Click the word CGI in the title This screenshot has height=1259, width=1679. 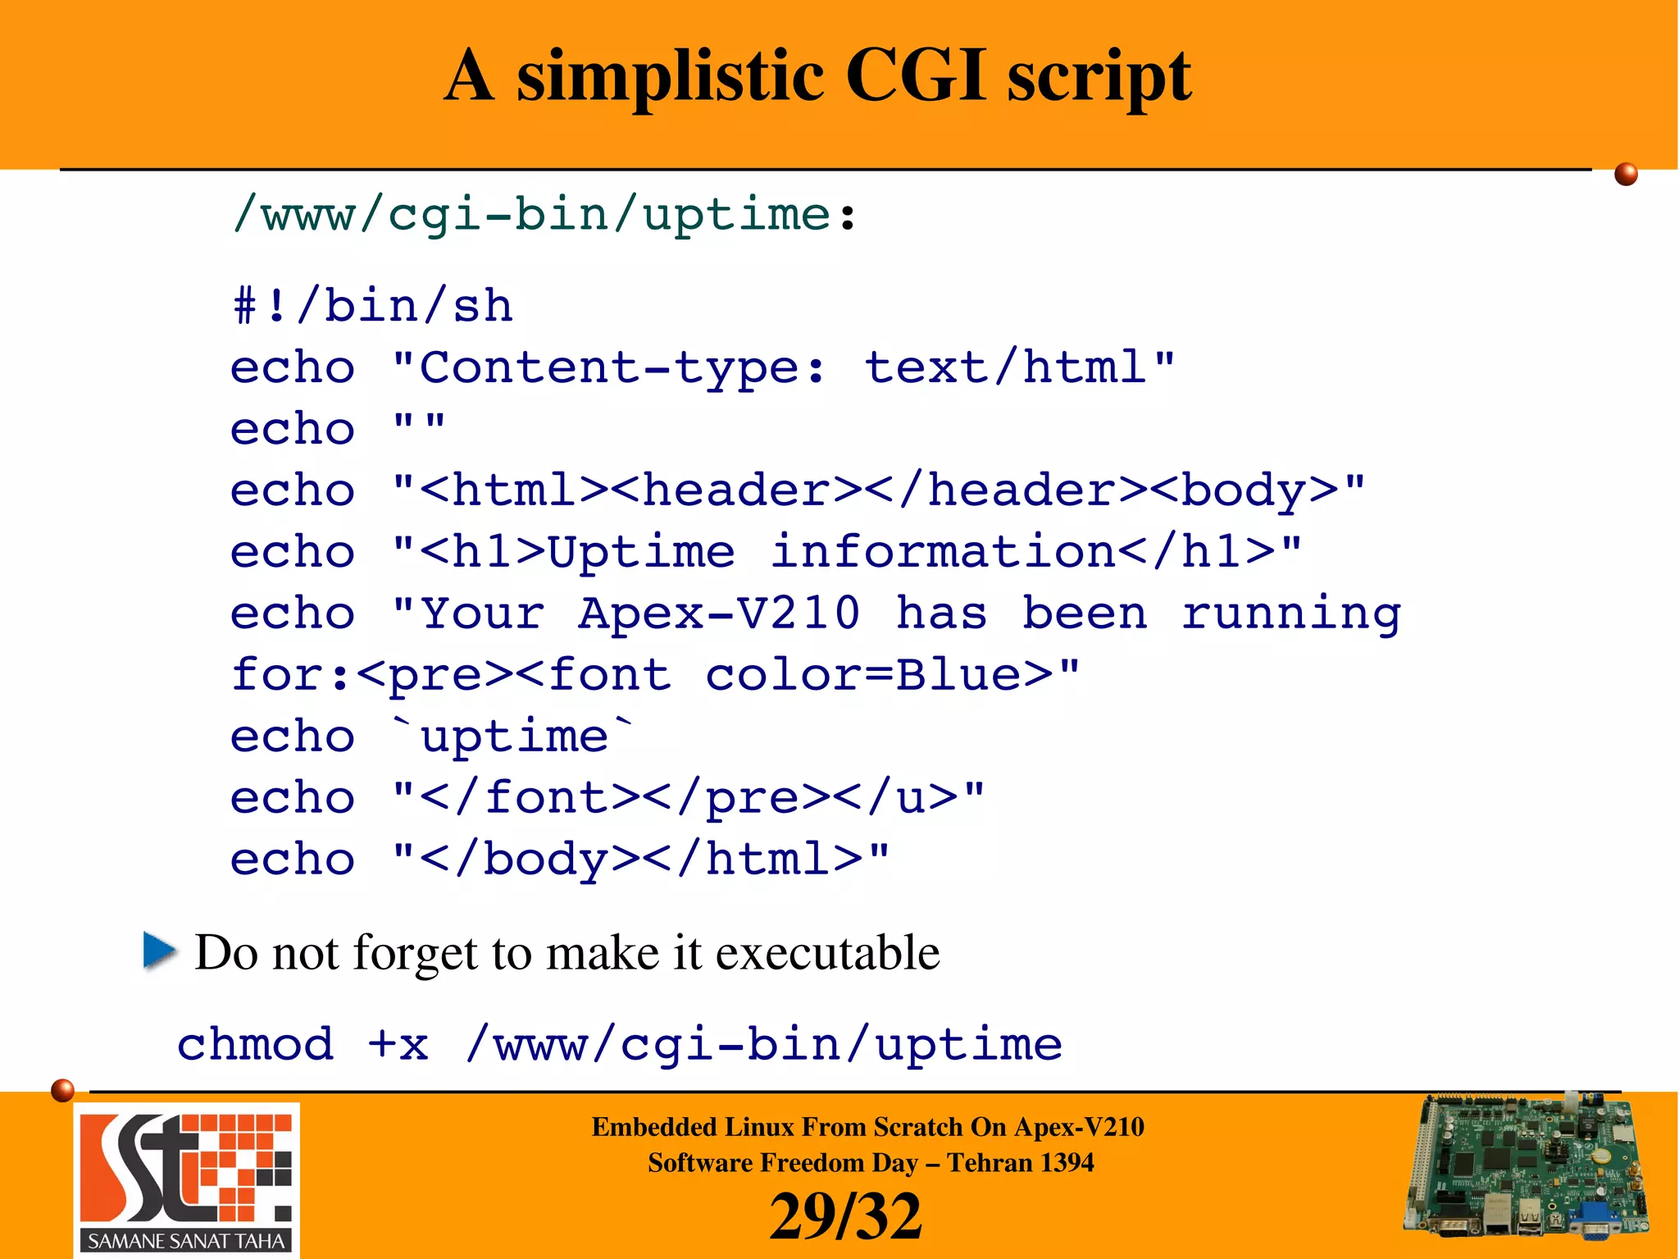[x=914, y=75]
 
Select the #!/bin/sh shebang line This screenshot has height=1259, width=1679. [x=373, y=306]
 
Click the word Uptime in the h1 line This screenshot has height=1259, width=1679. [x=641, y=551]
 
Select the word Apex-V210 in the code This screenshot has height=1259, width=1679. [x=719, y=613]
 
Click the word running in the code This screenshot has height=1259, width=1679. [x=1291, y=614]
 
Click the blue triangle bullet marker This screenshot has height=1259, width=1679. [x=159, y=951]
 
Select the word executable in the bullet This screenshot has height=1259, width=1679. [x=827, y=952]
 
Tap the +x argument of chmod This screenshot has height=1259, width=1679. [x=398, y=1045]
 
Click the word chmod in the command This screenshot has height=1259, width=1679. [x=256, y=1044]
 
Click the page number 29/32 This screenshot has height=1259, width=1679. [x=845, y=1216]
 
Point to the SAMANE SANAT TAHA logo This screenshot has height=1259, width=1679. [x=187, y=1179]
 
